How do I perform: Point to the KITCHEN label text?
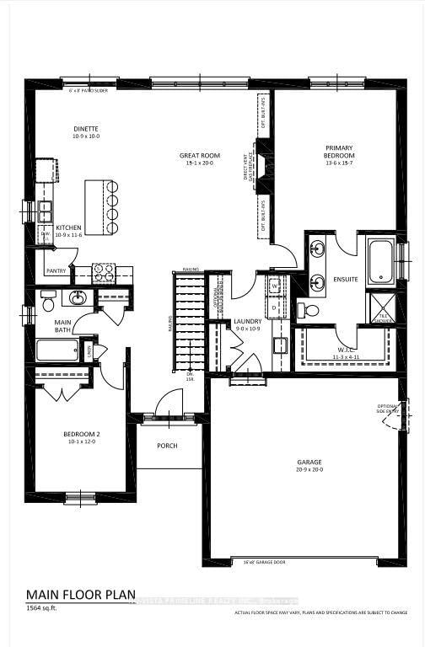pyautogui.click(x=68, y=228)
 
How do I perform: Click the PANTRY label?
pyautogui.click(x=56, y=271)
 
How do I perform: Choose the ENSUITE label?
pyautogui.click(x=346, y=278)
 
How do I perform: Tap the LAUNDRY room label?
pyautogui.click(x=248, y=321)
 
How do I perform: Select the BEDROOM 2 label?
pyautogui.click(x=81, y=435)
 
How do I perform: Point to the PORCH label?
pyautogui.click(x=169, y=446)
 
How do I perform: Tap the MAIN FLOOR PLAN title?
pyautogui.click(x=81, y=594)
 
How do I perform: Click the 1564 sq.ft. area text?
pyautogui.click(x=43, y=608)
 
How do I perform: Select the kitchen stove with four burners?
pyautogui.click(x=103, y=272)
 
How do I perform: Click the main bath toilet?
pyautogui.click(x=48, y=299)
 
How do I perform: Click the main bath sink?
pyautogui.click(x=78, y=297)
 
